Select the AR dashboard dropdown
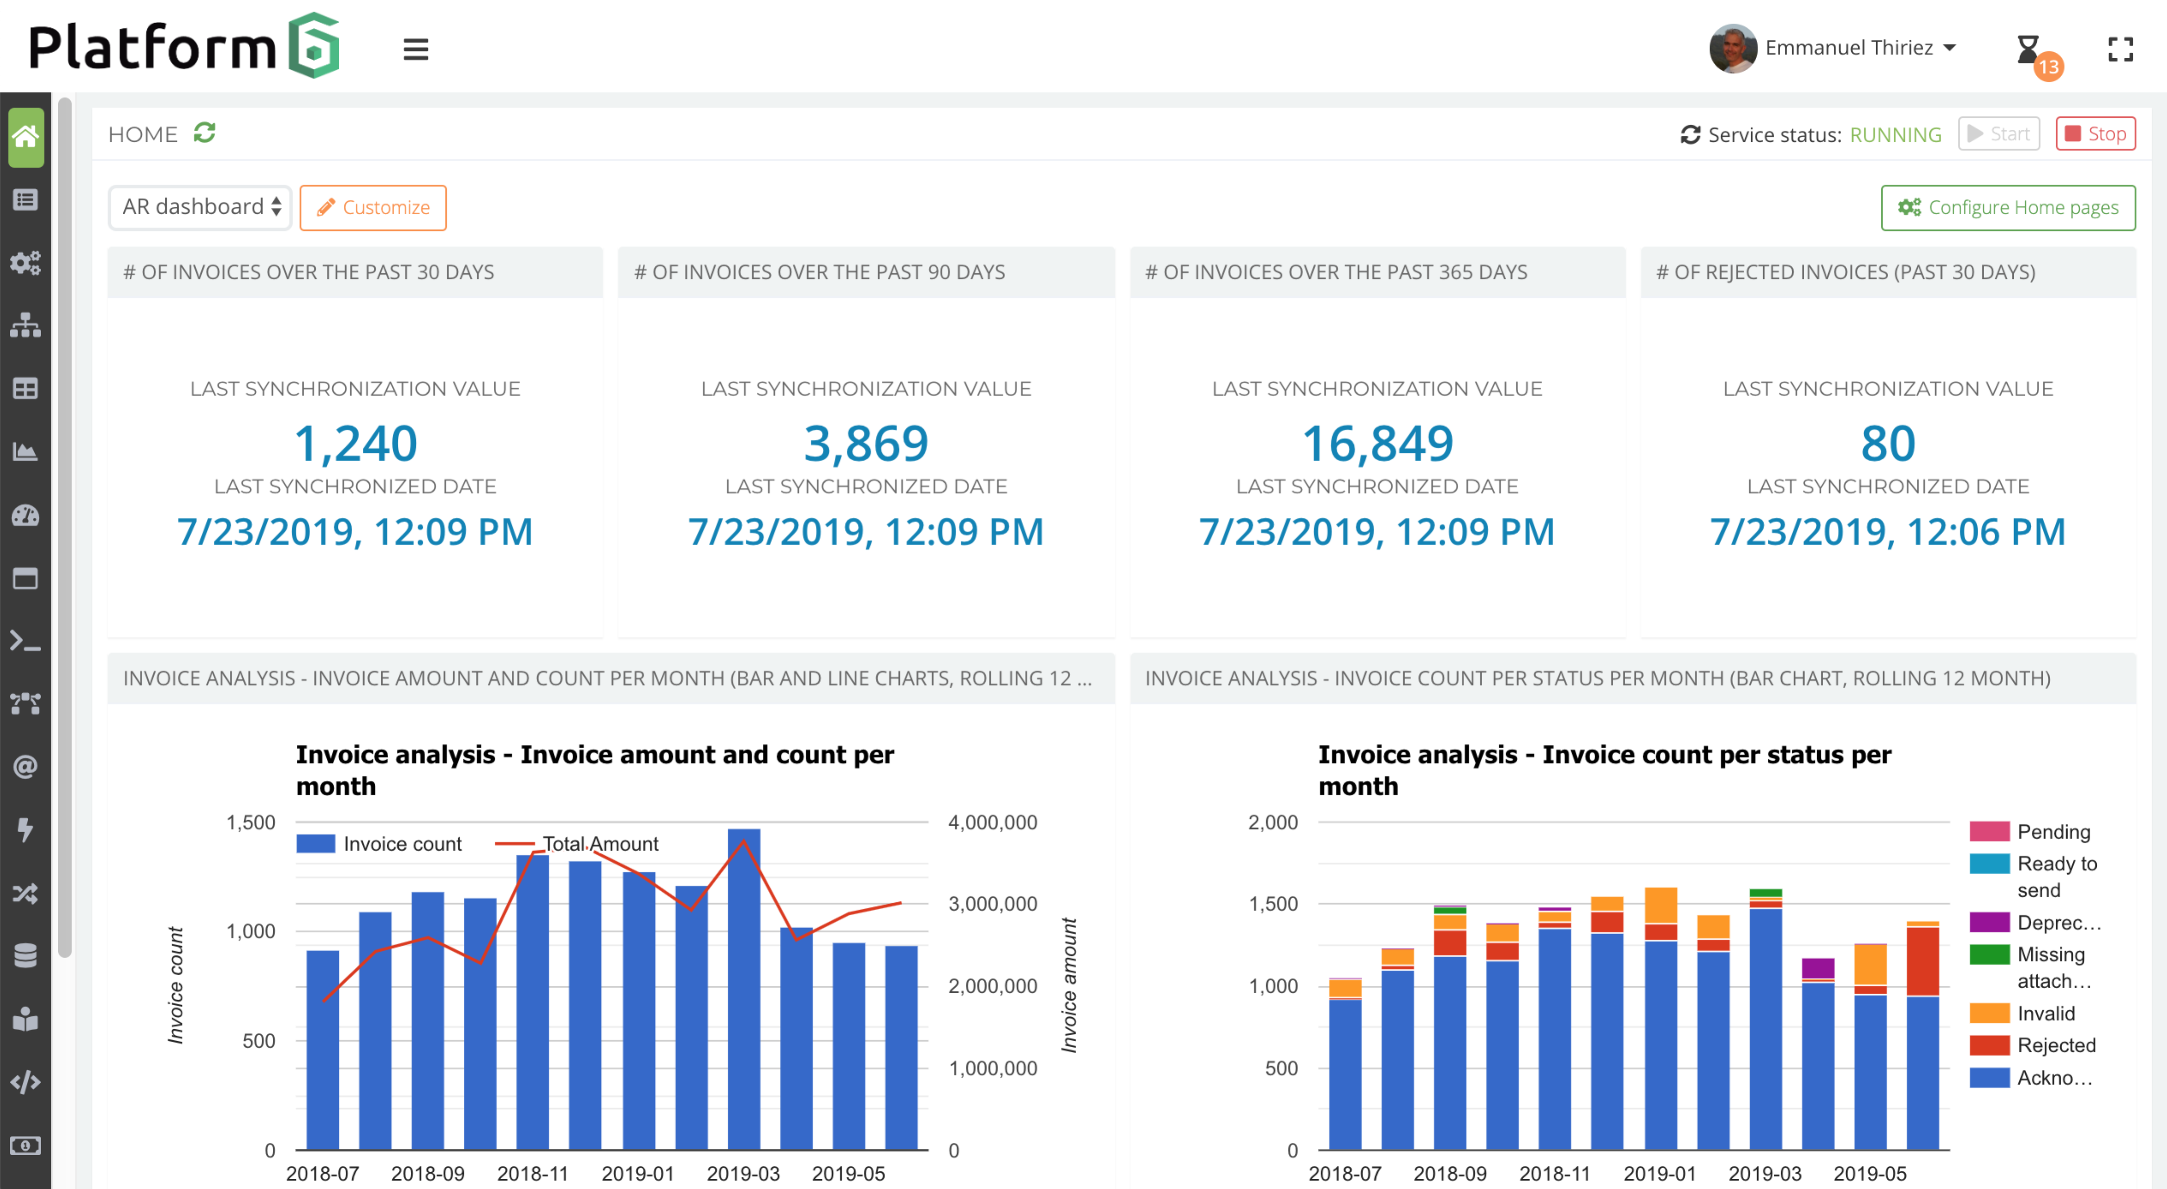[x=200, y=207]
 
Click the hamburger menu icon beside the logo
[x=415, y=50]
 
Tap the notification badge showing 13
[x=2048, y=66]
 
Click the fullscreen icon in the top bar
[x=2120, y=50]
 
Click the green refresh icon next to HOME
[x=204, y=133]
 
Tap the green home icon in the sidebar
[x=26, y=136]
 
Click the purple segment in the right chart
[x=1818, y=968]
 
